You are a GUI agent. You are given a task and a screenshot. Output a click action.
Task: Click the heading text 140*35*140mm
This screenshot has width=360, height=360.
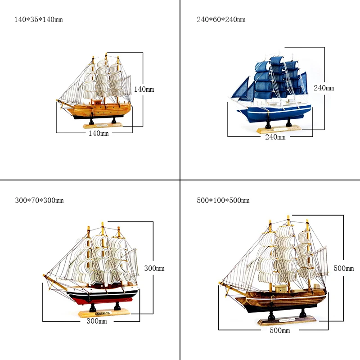[39, 20]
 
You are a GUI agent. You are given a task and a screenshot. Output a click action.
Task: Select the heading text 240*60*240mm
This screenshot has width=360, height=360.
[221, 20]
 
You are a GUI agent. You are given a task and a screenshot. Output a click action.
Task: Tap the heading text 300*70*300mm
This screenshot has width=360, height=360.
[39, 200]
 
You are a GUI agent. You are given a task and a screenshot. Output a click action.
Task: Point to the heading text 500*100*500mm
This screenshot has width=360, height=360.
[223, 200]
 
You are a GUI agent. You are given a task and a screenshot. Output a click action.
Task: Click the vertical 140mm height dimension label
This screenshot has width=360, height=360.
[144, 90]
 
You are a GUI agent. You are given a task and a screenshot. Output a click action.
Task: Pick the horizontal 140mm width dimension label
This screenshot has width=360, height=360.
[98, 133]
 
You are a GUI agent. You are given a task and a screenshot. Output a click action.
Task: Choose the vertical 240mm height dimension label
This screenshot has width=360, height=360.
[324, 88]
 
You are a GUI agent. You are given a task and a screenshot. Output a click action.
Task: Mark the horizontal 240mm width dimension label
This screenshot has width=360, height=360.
[275, 137]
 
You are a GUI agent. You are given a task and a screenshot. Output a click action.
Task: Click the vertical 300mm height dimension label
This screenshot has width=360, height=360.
[154, 268]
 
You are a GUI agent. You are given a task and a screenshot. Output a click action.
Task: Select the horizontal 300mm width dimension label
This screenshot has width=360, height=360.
[97, 321]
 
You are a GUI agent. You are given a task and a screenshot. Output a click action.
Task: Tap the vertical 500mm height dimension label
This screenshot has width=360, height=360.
[344, 268]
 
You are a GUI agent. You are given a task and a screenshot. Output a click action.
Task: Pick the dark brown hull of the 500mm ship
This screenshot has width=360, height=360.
[288, 300]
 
